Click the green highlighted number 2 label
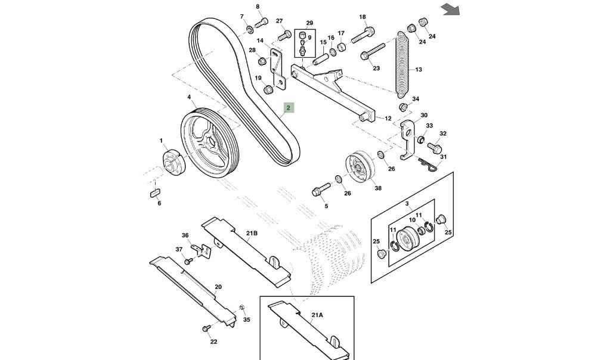(288, 108)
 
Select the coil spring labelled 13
(404, 66)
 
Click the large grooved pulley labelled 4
(209, 142)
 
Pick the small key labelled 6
(154, 192)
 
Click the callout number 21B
(251, 233)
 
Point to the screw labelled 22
(207, 328)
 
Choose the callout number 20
(218, 287)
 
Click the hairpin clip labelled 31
(427, 163)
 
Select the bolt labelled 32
(433, 145)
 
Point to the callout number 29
(309, 23)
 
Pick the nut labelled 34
(402, 108)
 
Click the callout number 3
(407, 204)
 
